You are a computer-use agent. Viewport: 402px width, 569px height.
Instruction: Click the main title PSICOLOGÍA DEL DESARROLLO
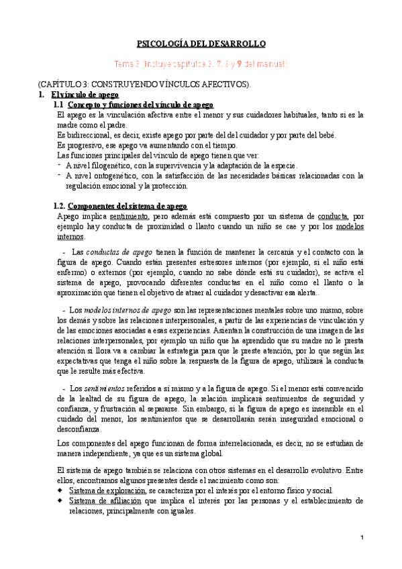(201, 44)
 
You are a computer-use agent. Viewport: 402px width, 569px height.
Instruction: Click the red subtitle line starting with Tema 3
(201, 64)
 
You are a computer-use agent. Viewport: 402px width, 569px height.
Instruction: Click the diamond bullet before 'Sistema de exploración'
(62, 490)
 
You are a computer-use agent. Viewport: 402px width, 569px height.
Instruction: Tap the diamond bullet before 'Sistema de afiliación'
(62, 501)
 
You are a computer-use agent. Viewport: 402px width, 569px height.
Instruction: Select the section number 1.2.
(60, 206)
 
